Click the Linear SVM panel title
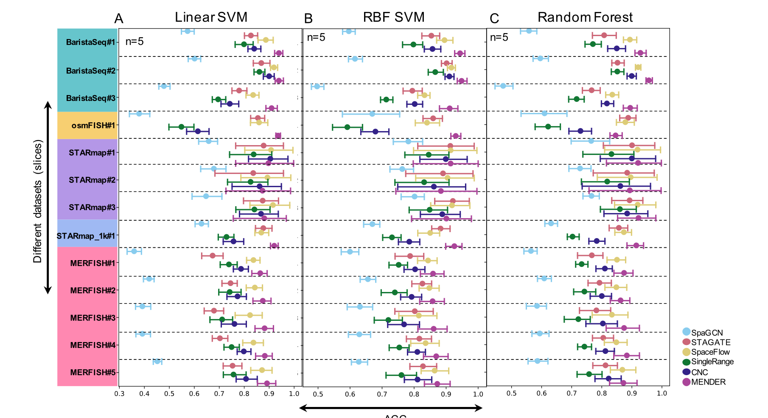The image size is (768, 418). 211,17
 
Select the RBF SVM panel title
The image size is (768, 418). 394,17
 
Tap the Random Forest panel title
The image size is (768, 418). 585,17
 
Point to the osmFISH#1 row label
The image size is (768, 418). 93,125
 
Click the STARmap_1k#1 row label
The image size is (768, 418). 86,236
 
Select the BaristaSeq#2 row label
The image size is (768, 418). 90,71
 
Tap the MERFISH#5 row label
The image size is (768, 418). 92,373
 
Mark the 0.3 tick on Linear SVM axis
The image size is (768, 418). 119,394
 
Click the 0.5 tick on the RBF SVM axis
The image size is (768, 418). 318,394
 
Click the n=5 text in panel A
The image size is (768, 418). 135,42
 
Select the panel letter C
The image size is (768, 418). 494,19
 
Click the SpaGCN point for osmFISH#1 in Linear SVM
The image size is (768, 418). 139,114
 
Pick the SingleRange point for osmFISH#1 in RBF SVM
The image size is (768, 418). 347,127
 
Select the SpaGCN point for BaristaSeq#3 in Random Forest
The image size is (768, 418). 503,86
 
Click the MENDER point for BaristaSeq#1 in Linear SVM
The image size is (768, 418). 279,53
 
